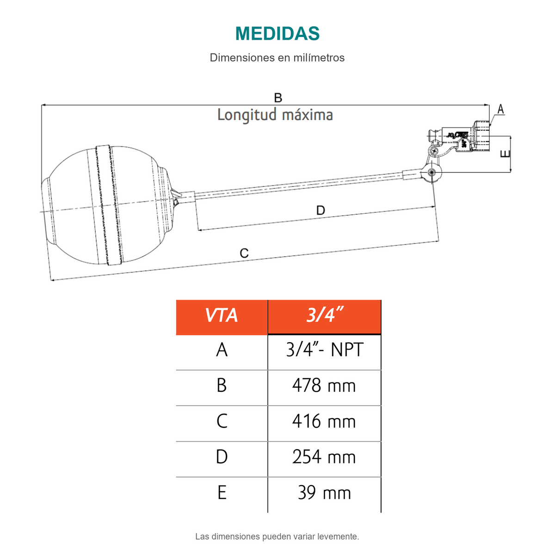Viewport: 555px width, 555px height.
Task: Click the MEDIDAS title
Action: [277, 33]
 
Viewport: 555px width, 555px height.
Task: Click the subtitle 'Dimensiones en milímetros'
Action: [277, 58]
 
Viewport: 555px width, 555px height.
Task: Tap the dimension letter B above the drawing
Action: [278, 98]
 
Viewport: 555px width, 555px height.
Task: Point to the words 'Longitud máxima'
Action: [275, 115]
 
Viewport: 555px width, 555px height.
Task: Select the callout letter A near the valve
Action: [501, 109]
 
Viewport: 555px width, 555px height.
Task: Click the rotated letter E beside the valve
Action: [505, 154]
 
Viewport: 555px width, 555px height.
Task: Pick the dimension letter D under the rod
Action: [321, 210]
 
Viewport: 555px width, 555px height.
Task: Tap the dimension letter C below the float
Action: [244, 253]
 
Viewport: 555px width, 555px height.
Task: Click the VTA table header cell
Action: [222, 317]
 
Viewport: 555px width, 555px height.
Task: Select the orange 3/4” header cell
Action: [324, 317]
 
